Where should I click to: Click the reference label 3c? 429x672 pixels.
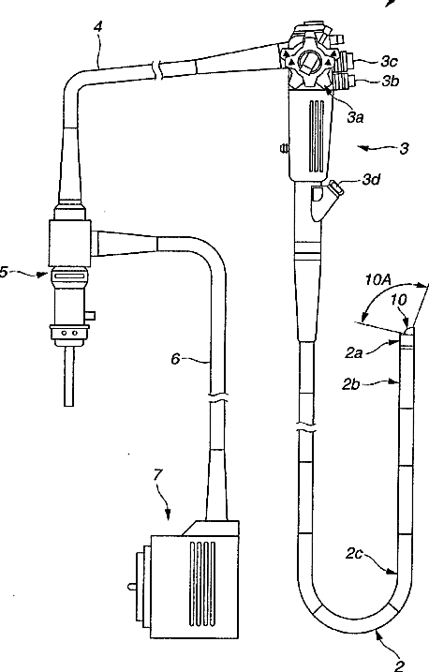[x=389, y=62]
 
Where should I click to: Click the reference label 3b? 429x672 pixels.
[x=390, y=81]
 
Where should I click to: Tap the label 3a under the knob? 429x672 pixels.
[x=355, y=117]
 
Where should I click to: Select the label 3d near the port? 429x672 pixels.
[x=371, y=180]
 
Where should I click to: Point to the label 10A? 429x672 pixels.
[x=378, y=279]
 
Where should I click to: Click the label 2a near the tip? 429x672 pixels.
[x=354, y=353]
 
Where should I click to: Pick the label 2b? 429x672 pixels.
[x=350, y=384]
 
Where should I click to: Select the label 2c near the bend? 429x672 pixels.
[x=354, y=554]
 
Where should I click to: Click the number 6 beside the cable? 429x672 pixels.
[x=175, y=358]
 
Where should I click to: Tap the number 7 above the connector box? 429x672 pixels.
[x=158, y=475]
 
